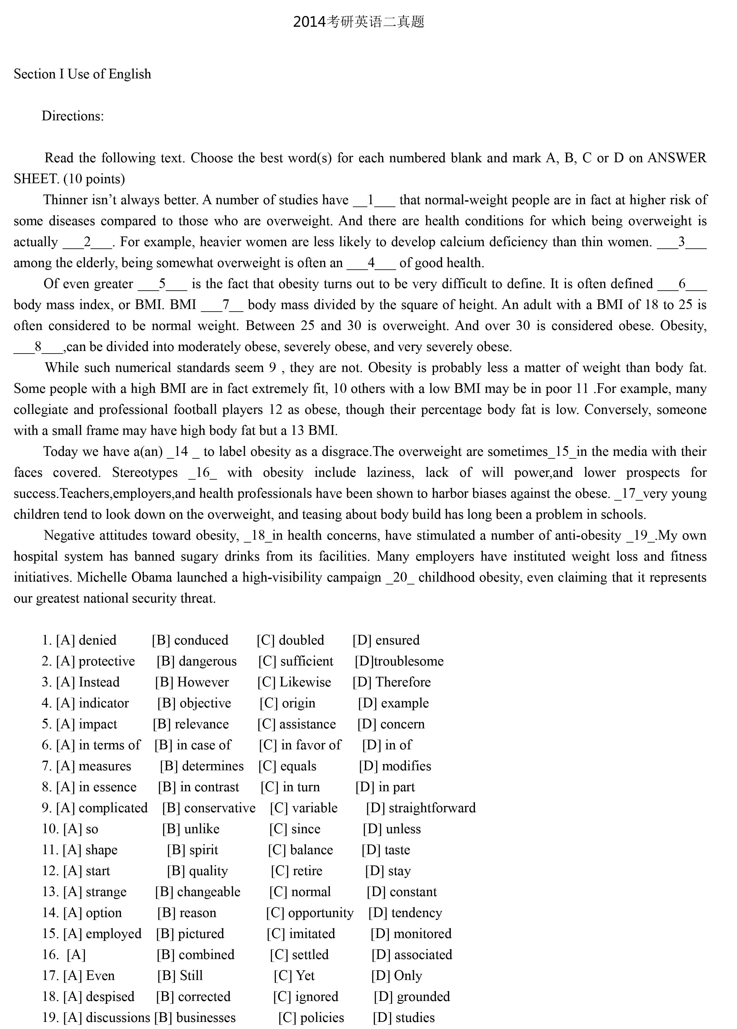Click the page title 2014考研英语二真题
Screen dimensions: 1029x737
358,22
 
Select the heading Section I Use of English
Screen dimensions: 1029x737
82,74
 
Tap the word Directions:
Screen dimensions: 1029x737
73,116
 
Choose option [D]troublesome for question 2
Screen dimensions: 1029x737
399,661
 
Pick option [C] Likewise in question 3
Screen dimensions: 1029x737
294,682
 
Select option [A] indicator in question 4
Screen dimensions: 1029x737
92,703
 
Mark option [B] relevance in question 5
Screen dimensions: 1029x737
191,724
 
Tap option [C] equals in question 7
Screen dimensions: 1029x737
287,766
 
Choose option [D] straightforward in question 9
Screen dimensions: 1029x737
421,808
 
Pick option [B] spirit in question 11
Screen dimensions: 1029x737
192,850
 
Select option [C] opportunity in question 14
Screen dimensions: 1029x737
309,913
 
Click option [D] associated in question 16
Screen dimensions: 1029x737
412,954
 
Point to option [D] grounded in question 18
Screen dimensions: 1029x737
412,996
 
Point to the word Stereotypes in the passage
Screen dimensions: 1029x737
145,473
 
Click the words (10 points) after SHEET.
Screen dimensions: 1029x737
94,179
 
